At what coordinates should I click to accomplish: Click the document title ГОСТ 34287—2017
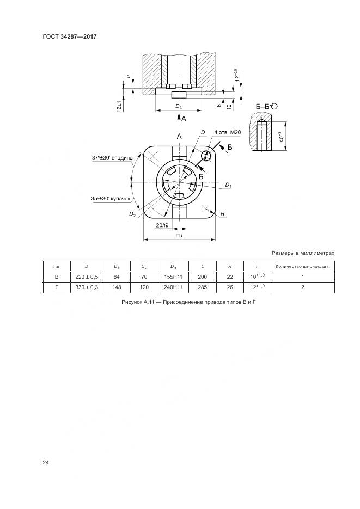click(x=70, y=36)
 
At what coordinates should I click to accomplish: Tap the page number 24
click(x=45, y=463)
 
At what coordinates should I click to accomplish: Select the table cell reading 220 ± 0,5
click(x=87, y=277)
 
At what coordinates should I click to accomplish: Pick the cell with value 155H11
click(x=173, y=277)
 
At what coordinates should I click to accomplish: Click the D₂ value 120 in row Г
click(x=144, y=287)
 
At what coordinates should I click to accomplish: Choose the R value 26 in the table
click(x=230, y=287)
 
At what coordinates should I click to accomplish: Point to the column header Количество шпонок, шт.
click(x=303, y=267)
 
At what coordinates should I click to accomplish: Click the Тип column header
click(x=57, y=267)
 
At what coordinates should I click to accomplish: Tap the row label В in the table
click(x=57, y=277)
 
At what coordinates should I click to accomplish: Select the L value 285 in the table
click(x=202, y=287)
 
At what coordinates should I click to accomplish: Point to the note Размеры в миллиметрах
click(x=303, y=253)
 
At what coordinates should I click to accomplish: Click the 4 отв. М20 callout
click(x=228, y=132)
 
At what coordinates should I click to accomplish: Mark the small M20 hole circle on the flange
click(x=206, y=156)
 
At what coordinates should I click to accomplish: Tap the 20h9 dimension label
click(x=162, y=225)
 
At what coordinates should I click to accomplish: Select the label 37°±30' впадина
click(x=112, y=158)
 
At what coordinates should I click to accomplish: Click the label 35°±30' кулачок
click(x=111, y=199)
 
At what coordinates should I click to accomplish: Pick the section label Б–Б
click(x=263, y=106)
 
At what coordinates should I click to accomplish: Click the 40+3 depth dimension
click(x=282, y=137)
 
